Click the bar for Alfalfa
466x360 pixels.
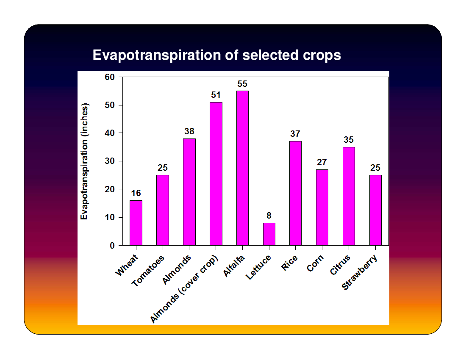(x=242, y=168)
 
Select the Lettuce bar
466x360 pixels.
(x=269, y=234)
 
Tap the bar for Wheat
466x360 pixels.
(x=136, y=223)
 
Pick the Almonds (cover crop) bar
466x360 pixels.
(x=216, y=174)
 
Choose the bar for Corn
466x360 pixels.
(x=322, y=208)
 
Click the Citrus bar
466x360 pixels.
(x=349, y=197)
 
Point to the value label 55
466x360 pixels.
(x=242, y=84)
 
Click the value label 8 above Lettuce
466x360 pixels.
(x=269, y=215)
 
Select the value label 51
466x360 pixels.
(x=216, y=95)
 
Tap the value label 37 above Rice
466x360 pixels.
(x=295, y=134)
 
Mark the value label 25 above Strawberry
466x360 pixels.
(x=375, y=168)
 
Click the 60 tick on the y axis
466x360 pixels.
(x=110, y=77)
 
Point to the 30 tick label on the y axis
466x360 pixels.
(x=110, y=161)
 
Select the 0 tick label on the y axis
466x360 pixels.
(x=112, y=246)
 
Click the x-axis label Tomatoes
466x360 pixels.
(x=148, y=271)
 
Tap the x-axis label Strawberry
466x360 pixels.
(x=360, y=272)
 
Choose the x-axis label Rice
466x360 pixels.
(x=289, y=263)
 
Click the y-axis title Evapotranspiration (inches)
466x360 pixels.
(x=84, y=161)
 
